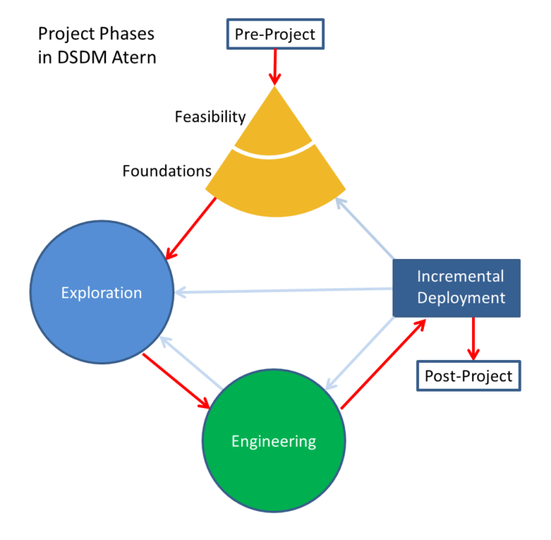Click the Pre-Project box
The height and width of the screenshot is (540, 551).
(275, 34)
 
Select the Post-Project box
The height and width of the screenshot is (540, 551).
(468, 376)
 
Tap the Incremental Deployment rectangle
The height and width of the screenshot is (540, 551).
(456, 287)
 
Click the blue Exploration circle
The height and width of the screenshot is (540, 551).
(101, 293)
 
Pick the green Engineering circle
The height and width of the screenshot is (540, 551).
(273, 441)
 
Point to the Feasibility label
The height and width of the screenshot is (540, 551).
(210, 116)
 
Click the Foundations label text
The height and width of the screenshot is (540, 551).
(166, 171)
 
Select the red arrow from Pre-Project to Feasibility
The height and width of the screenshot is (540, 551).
(275, 68)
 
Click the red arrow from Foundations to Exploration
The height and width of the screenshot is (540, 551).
(192, 228)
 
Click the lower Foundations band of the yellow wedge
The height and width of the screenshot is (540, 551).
(275, 179)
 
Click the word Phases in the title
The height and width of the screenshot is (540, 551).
(130, 34)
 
